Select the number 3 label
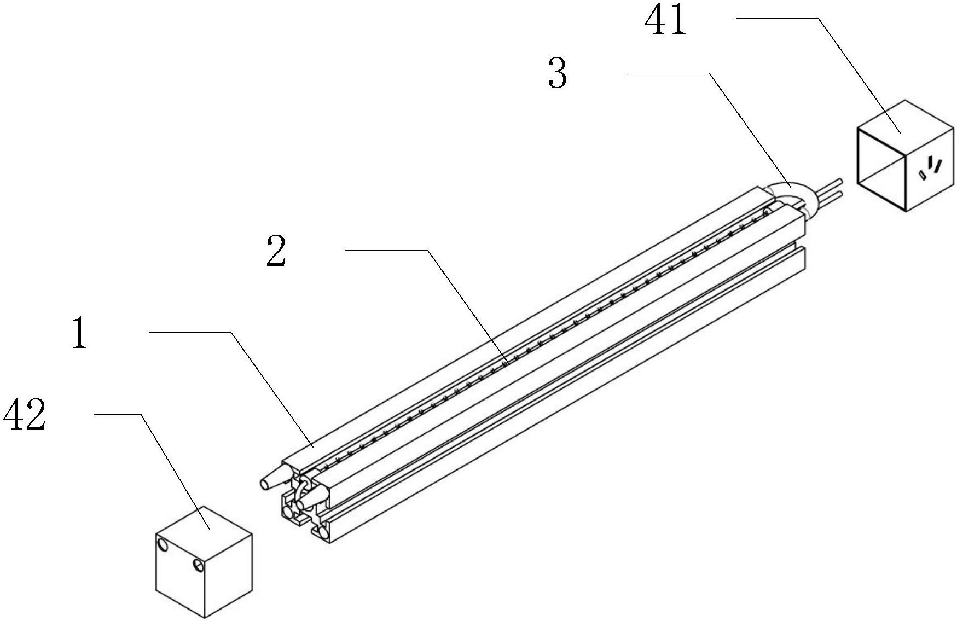coord(558,74)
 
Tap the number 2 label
coord(276,251)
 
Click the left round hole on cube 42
coord(163,544)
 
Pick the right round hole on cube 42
coord(198,565)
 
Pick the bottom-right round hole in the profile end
coord(324,531)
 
